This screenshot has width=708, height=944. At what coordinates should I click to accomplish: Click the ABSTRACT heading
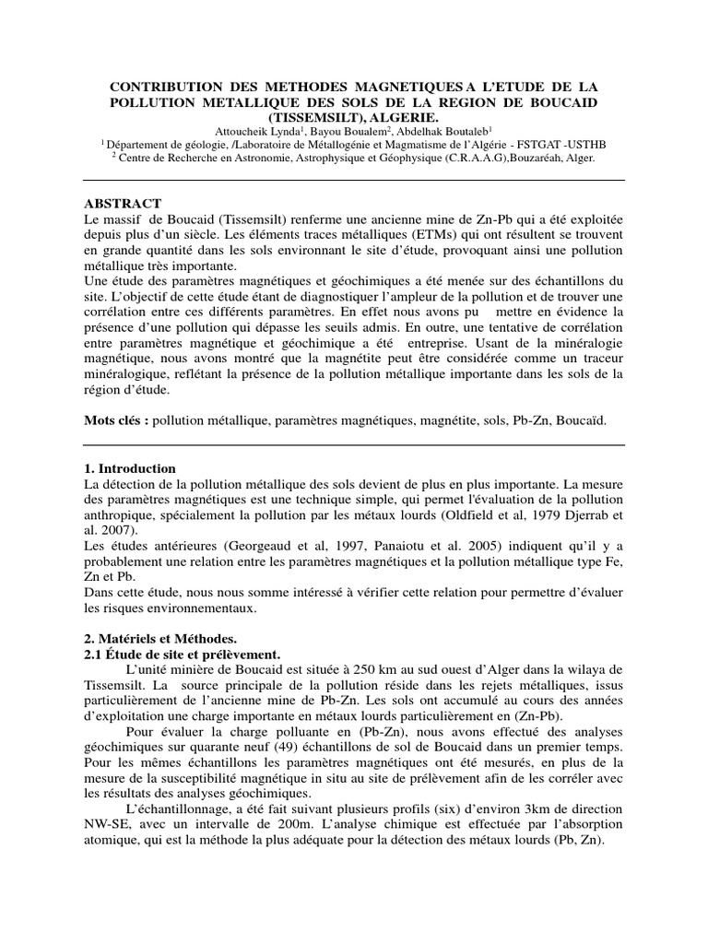[123, 204]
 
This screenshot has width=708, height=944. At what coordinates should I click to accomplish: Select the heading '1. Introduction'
[129, 468]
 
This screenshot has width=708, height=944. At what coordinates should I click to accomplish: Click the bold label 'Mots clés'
[115, 420]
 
